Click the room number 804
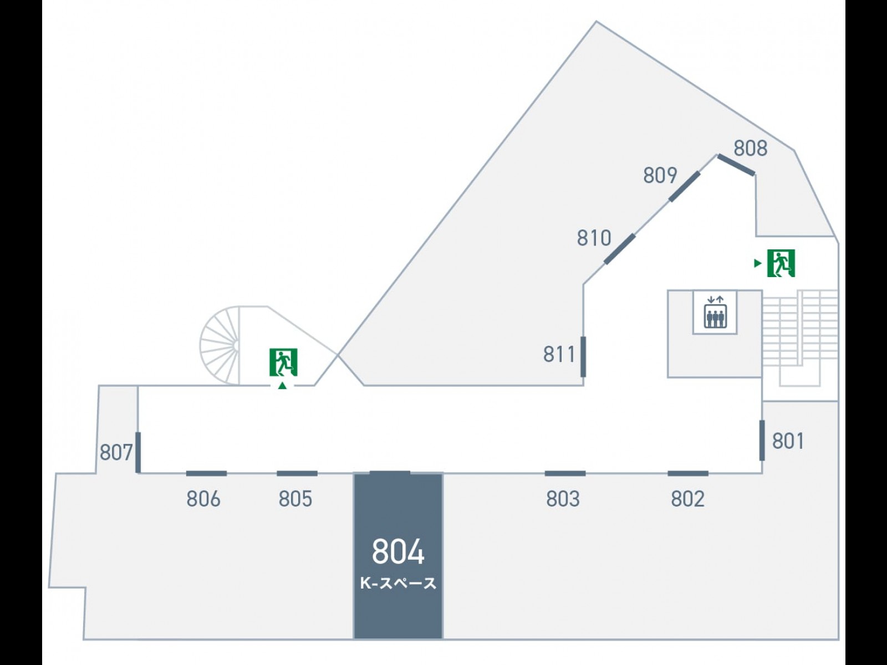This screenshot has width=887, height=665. (x=398, y=551)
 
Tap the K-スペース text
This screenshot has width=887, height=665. (x=398, y=583)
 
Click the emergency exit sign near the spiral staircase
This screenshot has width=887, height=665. (x=283, y=362)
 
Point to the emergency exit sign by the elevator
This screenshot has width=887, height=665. (x=781, y=263)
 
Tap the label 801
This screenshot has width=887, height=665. (x=788, y=441)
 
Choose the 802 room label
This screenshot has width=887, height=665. (x=687, y=499)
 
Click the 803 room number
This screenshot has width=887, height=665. (x=563, y=499)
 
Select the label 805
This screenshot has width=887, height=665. (x=295, y=499)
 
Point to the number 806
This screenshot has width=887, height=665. (x=203, y=499)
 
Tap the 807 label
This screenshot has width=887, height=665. (x=116, y=453)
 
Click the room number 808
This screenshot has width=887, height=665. (x=750, y=149)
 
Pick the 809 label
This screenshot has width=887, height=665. (x=660, y=175)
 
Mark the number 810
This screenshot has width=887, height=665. (x=594, y=238)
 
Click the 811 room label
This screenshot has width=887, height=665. (x=559, y=354)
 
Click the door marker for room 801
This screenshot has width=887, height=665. (x=762, y=441)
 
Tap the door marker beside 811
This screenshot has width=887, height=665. (x=583, y=356)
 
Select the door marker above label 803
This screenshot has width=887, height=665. (x=565, y=473)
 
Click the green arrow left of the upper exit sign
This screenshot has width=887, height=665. (x=758, y=263)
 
